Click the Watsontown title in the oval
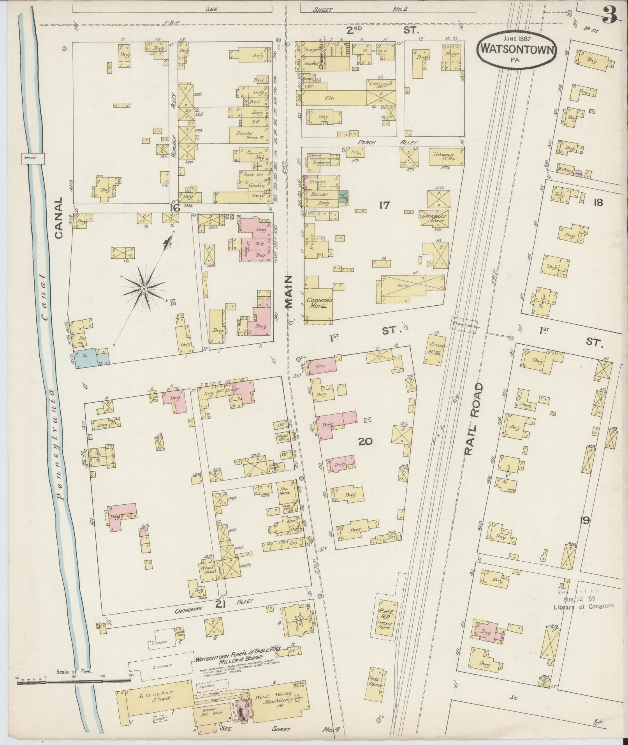point(517,49)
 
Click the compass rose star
point(143,288)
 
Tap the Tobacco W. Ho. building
point(447,157)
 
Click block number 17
point(384,205)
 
